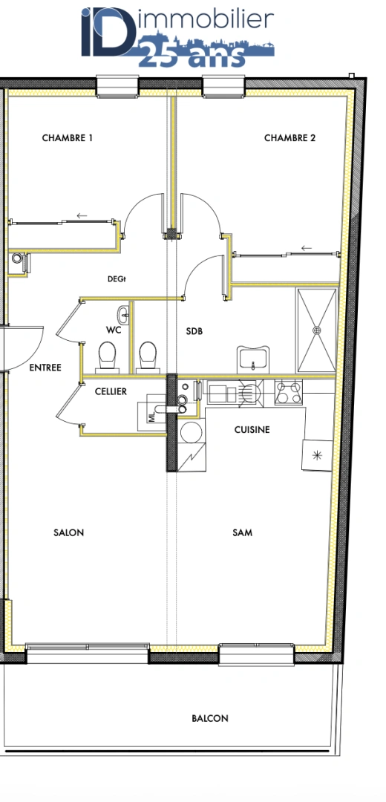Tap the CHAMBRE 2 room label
pos(290,138)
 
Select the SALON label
pos(69,532)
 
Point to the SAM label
pos(242,532)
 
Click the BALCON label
pos(210,718)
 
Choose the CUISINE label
pos(252,430)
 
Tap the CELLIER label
pos(111,391)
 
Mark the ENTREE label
pos(45,368)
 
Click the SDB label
pos(194,331)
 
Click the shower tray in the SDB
pos(317,330)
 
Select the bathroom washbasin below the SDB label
pos(254,360)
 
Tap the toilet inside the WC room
pos(108,356)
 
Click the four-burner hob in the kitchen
pos(289,392)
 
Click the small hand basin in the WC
pos(124,314)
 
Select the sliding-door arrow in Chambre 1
pos(82,216)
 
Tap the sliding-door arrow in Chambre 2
pos(306,248)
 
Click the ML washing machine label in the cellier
pos(153,417)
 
